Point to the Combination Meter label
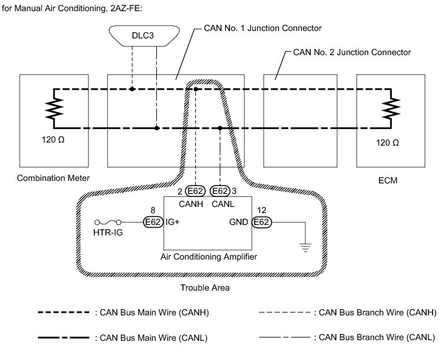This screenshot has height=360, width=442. tap(54, 178)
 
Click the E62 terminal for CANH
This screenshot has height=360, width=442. tap(194, 191)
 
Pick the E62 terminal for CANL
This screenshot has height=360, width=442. tap(220, 191)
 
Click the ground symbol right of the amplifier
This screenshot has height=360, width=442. tap(305, 247)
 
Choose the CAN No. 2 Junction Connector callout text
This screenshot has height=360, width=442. tap(351, 52)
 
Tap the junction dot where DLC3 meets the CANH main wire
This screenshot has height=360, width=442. tap(132, 89)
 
